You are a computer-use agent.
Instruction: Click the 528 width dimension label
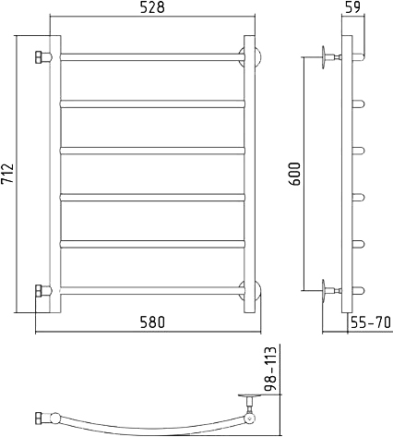pyautogui.click(x=152, y=7)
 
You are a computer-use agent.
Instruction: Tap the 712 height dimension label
pyautogui.click(x=7, y=174)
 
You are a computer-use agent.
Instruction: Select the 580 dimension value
pyautogui.click(x=152, y=322)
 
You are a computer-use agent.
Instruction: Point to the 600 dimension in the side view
pyautogui.click(x=294, y=174)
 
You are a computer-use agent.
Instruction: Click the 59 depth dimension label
pyautogui.click(x=352, y=7)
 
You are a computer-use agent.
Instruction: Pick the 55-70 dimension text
pyautogui.click(x=371, y=322)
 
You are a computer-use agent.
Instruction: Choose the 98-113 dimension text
pyautogui.click(x=270, y=369)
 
